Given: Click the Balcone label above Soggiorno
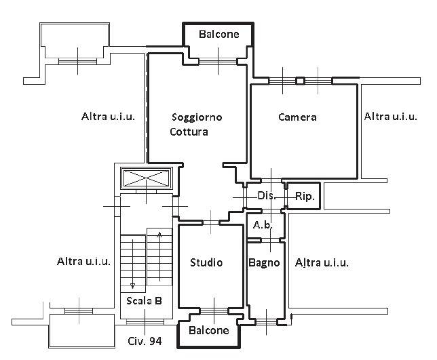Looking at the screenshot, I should (218, 34).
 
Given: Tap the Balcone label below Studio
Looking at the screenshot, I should (209, 331).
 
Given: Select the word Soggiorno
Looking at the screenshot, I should (197, 117).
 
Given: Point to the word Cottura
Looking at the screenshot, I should (189, 132).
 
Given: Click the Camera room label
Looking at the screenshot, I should (297, 117).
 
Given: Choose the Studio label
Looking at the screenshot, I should (206, 262).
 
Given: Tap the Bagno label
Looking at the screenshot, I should (264, 262).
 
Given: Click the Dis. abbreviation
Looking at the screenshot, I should (266, 196).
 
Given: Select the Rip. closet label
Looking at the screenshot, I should (304, 197).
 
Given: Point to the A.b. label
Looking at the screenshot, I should (263, 224).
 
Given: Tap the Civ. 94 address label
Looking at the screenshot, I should (145, 342).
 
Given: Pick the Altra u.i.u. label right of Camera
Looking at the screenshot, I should (390, 117).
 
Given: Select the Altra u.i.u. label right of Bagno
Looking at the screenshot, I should (322, 262).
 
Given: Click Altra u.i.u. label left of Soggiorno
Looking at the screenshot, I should (108, 116).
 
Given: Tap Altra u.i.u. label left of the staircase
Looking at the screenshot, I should (84, 261).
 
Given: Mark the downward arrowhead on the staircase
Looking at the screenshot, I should (132, 285).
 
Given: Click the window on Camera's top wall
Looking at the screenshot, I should (299, 81).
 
